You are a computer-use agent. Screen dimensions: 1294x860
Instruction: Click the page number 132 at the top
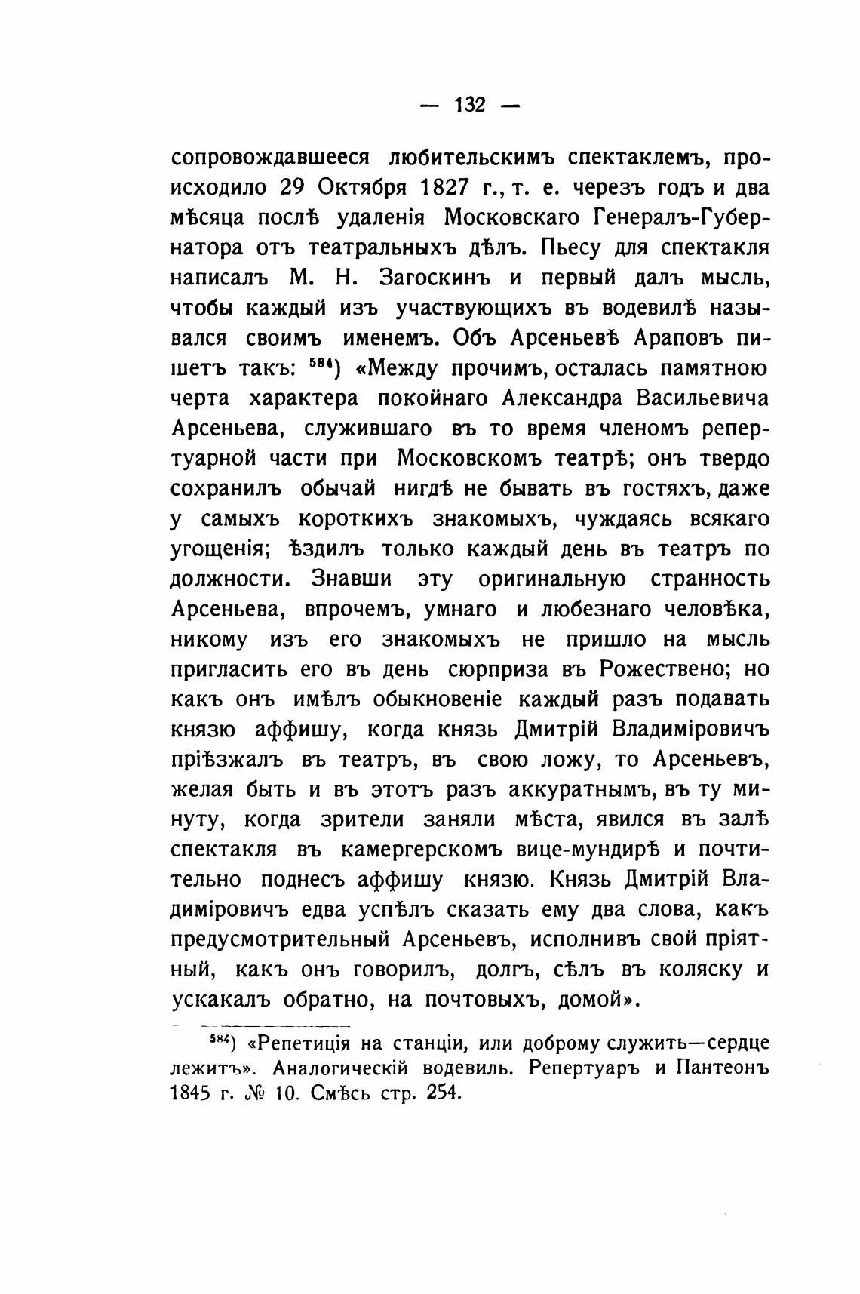[469, 105]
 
